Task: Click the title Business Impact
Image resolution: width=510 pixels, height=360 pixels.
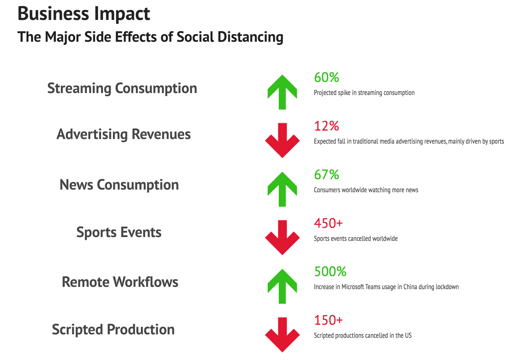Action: point(84,14)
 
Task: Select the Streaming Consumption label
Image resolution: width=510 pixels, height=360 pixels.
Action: point(122,88)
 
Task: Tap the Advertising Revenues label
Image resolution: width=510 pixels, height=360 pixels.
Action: point(123,134)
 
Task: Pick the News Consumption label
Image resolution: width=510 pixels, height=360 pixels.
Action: point(119,185)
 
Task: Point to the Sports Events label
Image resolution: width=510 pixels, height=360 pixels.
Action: point(119,232)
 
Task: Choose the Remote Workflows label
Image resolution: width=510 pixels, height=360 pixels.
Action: point(120,282)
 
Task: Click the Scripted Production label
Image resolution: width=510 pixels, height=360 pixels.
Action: point(113,330)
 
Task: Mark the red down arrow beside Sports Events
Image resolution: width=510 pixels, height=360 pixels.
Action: point(282,237)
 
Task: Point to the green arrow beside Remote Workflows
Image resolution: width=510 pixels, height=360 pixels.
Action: point(282,286)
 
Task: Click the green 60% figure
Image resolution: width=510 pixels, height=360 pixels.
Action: point(327,78)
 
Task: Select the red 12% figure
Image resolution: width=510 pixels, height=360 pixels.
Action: point(327,126)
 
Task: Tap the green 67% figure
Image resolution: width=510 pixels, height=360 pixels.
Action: point(327,175)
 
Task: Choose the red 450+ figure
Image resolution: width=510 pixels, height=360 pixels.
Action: point(328,223)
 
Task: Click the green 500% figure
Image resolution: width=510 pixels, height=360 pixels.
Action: point(330,272)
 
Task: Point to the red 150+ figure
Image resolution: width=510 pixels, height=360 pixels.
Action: point(328,320)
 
